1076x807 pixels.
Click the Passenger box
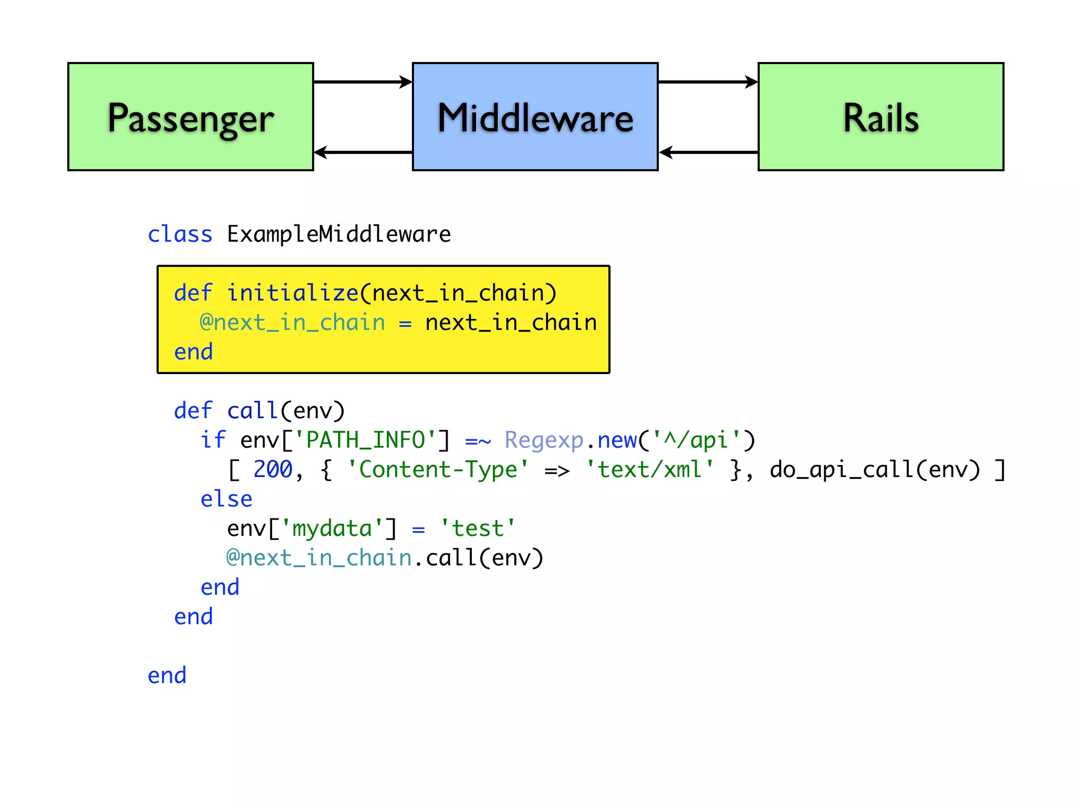(191, 117)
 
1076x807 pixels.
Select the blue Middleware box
(535, 117)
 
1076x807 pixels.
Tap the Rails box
(881, 117)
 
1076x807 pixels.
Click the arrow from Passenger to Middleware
(363, 82)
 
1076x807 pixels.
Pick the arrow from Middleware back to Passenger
(363, 152)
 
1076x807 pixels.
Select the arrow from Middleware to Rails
(708, 82)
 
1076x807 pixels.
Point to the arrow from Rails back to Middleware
(708, 152)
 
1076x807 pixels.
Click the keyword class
(180, 234)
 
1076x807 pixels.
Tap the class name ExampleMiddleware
(339, 234)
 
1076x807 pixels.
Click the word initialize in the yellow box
(293, 293)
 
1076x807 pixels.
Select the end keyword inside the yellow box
(193, 352)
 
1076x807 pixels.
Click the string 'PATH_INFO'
(365, 440)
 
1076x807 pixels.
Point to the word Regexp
(544, 440)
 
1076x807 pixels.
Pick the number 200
(273, 470)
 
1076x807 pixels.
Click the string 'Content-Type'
(438, 470)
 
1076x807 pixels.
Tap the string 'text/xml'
(649, 470)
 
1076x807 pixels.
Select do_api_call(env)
(875, 470)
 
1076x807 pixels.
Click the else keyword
(226, 499)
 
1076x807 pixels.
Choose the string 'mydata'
(332, 529)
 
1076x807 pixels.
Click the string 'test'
(478, 529)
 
